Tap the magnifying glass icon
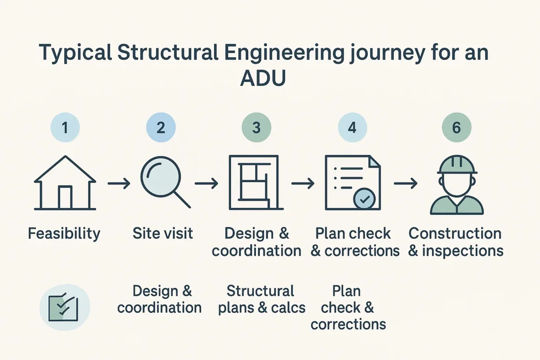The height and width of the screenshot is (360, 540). click(163, 182)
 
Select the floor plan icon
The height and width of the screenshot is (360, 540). click(254, 183)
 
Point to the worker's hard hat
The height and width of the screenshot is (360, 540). click(457, 164)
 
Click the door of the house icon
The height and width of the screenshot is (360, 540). click(65, 197)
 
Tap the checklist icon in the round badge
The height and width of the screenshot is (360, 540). click(65, 306)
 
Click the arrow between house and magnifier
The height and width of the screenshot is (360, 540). click(118, 183)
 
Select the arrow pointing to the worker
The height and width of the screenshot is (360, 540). click(405, 183)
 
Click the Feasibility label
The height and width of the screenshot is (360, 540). click(64, 233)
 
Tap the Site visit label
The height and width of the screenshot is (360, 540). click(162, 233)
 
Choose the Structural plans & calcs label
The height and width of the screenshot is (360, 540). click(262, 299)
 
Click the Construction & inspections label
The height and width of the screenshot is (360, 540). click(455, 242)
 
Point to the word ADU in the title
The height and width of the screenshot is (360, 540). click(263, 79)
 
